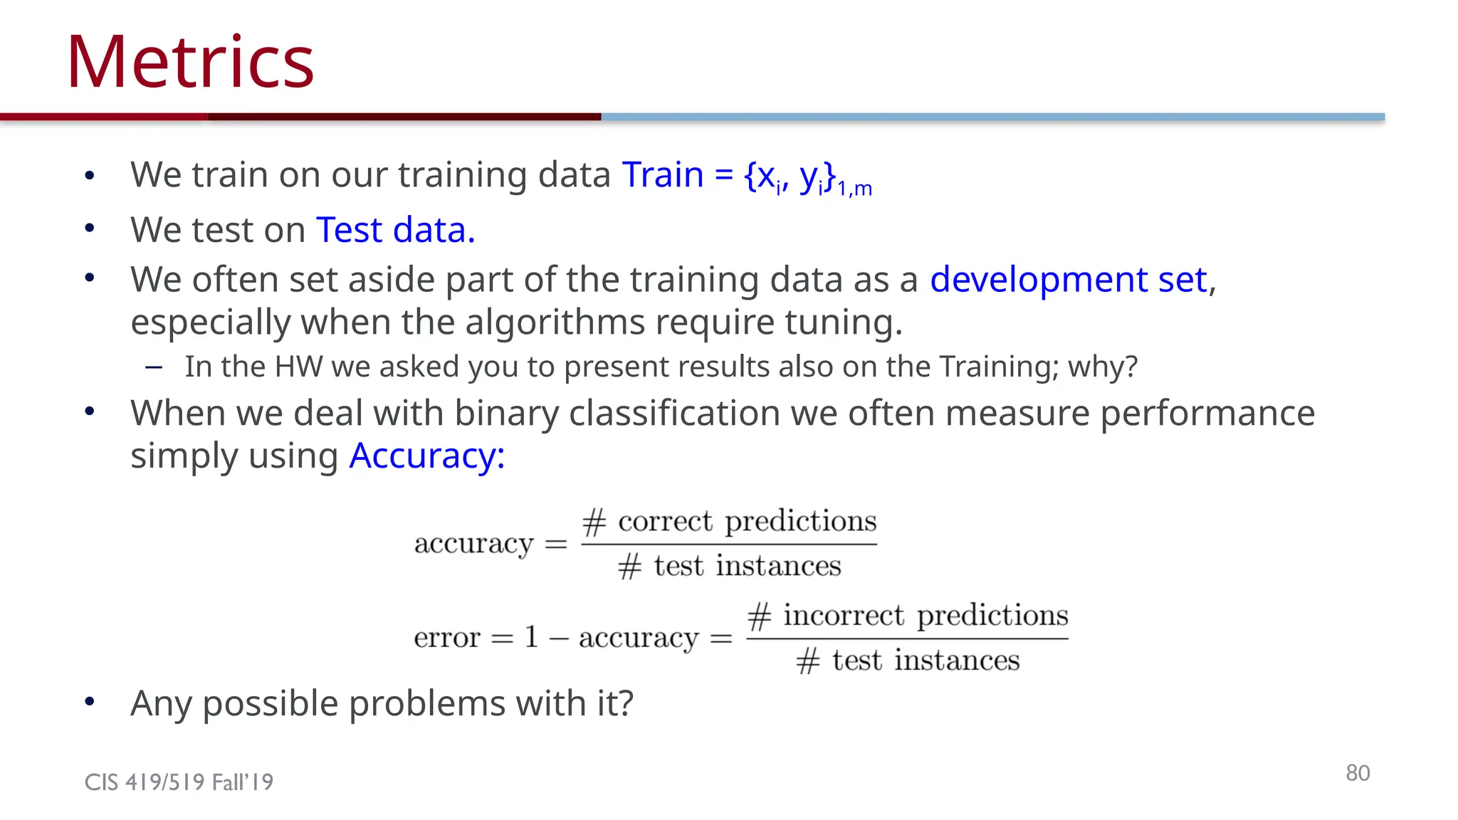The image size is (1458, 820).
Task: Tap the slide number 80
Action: [x=1357, y=773]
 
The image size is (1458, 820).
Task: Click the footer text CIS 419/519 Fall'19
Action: [x=179, y=782]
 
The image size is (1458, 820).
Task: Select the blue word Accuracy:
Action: [x=426, y=456]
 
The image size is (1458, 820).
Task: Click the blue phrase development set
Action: [x=1069, y=279]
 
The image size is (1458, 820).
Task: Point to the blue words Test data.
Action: [x=395, y=230]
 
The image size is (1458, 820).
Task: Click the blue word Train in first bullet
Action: [x=663, y=174]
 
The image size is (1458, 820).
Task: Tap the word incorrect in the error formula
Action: [x=844, y=615]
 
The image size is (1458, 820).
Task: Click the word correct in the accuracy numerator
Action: [x=665, y=521]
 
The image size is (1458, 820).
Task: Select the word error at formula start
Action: [x=447, y=637]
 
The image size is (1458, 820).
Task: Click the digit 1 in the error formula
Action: [x=531, y=636]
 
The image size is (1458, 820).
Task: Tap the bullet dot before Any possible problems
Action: [x=90, y=702]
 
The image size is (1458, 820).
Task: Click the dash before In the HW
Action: [x=154, y=367]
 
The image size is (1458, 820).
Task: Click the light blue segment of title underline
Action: [x=992, y=117]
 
